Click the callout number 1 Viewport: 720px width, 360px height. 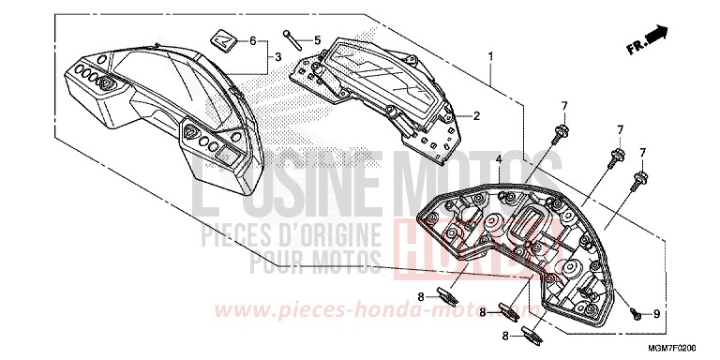(490, 56)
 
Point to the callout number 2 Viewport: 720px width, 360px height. (477, 116)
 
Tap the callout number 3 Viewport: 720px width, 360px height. (277, 58)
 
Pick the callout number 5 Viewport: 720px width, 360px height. (317, 40)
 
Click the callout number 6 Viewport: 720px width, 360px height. (252, 40)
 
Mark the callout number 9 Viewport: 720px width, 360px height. (657, 313)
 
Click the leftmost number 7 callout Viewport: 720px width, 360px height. (564, 105)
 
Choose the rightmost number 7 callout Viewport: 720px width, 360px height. (642, 152)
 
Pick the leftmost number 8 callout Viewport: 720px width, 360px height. (422, 296)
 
